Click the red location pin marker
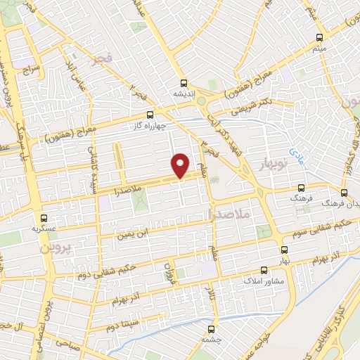(181, 165)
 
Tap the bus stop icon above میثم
(320, 37)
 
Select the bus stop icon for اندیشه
(184, 82)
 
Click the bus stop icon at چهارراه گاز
(149, 115)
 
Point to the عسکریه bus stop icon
(44, 218)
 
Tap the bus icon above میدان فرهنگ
(344, 192)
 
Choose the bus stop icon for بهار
(284, 250)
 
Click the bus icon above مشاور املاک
(264, 270)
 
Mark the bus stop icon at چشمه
(212, 328)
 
